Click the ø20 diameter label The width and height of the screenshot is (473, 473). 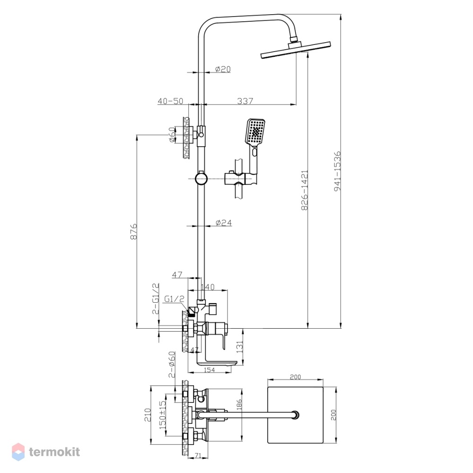223,69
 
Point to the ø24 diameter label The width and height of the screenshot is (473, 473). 224,223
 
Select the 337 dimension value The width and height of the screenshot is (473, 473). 245,101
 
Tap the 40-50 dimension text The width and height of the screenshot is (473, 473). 170,101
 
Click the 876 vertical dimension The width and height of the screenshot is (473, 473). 133,231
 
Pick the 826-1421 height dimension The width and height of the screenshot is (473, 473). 305,190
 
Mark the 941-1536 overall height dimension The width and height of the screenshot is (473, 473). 337,171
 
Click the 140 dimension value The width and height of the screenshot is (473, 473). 208,287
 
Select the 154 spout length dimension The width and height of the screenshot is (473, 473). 210,370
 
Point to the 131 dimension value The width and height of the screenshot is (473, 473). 240,347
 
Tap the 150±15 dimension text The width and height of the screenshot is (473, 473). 163,415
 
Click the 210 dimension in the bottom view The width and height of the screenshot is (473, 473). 148,415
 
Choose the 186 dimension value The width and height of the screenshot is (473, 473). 239,404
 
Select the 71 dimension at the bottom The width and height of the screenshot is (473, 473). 198,456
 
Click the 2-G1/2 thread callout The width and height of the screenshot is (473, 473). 156,298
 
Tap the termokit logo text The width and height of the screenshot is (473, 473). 54,452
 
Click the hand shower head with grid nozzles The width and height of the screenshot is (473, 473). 256,131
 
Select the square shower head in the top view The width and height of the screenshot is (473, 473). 295,415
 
